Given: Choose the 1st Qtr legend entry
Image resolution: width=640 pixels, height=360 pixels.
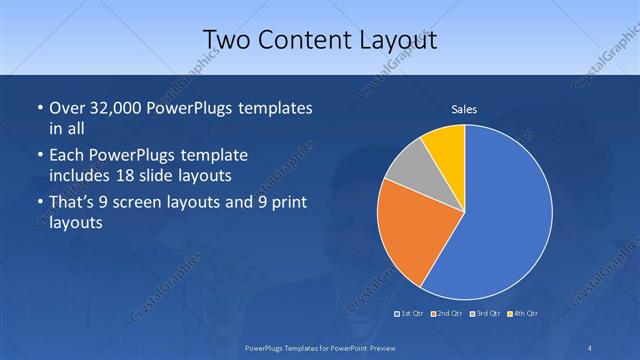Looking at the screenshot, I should (x=411, y=315).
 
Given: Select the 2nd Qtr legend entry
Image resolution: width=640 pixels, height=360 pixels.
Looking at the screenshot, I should (x=448, y=315).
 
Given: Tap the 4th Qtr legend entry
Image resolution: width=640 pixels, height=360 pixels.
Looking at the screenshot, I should (x=522, y=315).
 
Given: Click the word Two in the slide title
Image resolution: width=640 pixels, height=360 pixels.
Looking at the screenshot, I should (x=226, y=38).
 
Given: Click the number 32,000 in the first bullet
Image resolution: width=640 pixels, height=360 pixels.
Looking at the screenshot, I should (x=113, y=108).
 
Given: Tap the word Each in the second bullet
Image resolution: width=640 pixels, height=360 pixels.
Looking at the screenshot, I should (x=69, y=156).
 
